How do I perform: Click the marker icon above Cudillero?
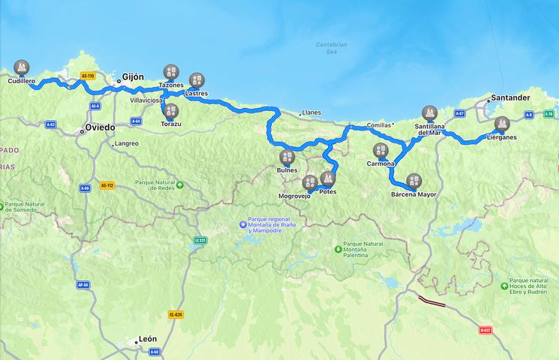pyautogui.click(x=22, y=67)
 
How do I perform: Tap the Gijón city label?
pyautogui.click(x=133, y=77)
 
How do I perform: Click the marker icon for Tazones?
pyautogui.click(x=171, y=72)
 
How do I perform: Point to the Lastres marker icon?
pyautogui.click(x=197, y=80)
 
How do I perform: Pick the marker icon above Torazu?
pyautogui.click(x=170, y=112)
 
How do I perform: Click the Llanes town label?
pyautogui.click(x=311, y=112)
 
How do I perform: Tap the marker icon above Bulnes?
pyautogui.click(x=287, y=157)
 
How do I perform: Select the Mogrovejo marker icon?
pyautogui.click(x=310, y=182)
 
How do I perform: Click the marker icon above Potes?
pyautogui.click(x=327, y=178)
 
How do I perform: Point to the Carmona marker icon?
pyautogui.click(x=381, y=150)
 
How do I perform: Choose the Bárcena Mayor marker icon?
pyautogui.click(x=413, y=181)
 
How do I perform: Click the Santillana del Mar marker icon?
pyautogui.click(x=430, y=113)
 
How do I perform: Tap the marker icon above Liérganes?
pyautogui.click(x=502, y=124)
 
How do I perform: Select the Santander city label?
pyautogui.click(x=510, y=98)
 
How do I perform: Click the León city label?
pyautogui.click(x=147, y=339)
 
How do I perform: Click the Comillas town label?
pyautogui.click(x=380, y=124)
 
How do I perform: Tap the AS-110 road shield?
pyautogui.click(x=88, y=76)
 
